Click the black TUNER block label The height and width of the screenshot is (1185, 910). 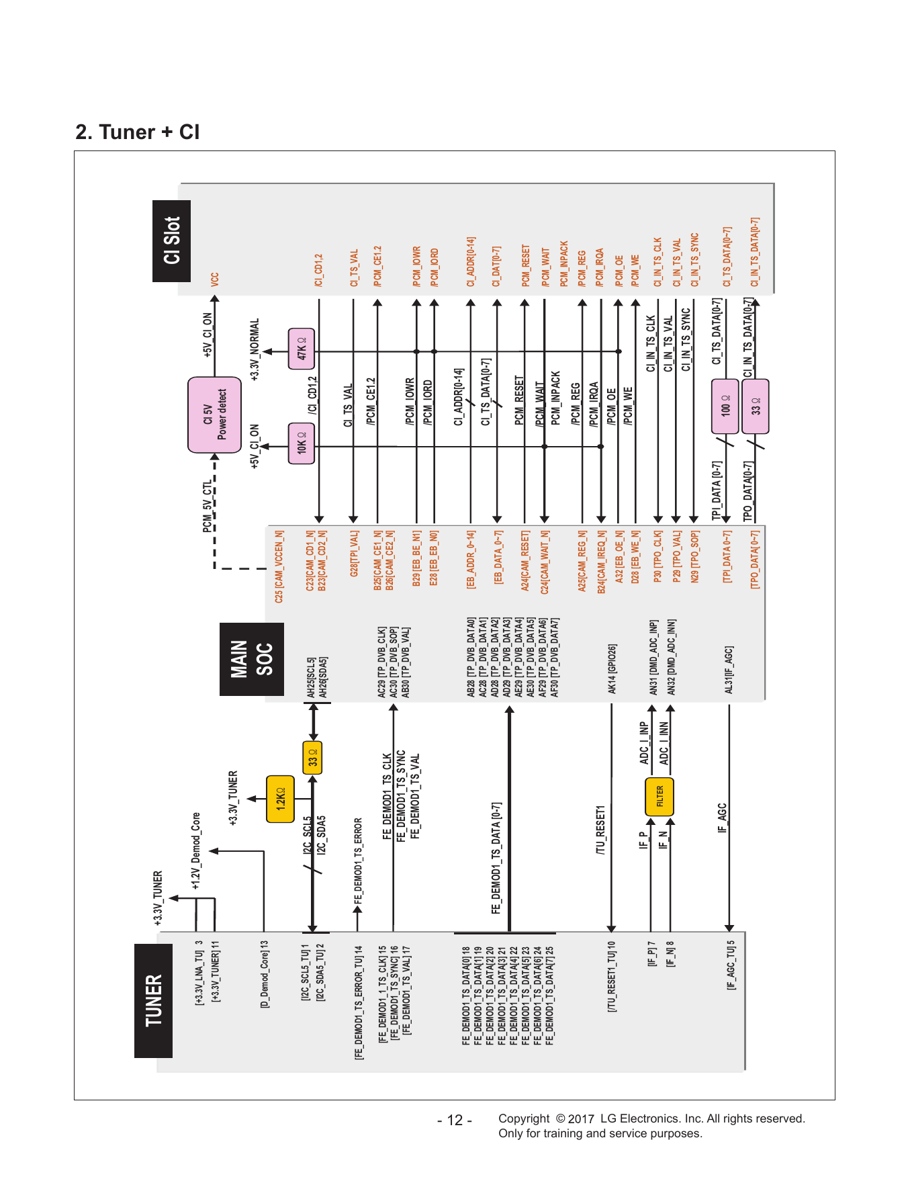[x=154, y=1000]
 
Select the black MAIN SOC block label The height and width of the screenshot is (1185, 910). [x=252, y=659]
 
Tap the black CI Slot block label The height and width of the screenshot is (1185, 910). [x=172, y=241]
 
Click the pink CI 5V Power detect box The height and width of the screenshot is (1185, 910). [x=215, y=414]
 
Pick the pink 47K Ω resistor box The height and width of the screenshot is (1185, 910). [x=302, y=349]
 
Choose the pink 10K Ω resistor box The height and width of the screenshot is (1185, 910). [x=302, y=443]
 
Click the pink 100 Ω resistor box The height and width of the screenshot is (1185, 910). [x=725, y=406]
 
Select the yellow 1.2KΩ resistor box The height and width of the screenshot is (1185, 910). [x=281, y=799]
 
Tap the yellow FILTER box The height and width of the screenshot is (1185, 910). [x=659, y=797]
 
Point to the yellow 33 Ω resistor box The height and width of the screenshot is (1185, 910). [x=312, y=758]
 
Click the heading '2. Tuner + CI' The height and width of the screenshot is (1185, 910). [x=138, y=132]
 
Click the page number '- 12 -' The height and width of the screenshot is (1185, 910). [x=455, y=1120]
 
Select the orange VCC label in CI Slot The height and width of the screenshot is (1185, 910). [x=214, y=279]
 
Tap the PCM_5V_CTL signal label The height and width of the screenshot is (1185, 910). [x=208, y=506]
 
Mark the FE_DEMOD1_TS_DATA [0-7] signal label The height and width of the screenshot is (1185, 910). [x=496, y=858]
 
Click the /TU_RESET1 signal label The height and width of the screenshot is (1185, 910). [x=600, y=830]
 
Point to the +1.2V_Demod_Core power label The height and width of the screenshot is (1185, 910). [x=196, y=850]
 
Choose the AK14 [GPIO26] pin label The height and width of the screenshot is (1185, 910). [x=612, y=669]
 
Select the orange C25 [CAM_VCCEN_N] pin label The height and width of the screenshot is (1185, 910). [x=279, y=566]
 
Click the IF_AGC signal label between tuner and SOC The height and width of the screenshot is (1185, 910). [x=722, y=818]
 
